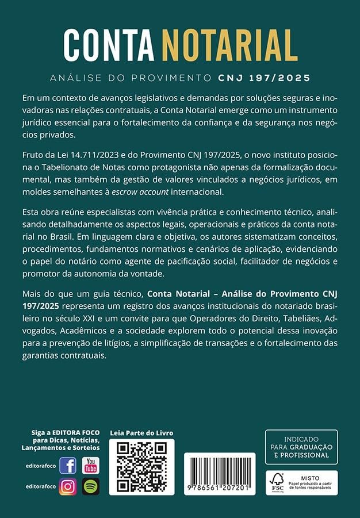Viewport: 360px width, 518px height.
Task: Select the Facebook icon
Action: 67,465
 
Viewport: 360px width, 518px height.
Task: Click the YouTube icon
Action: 90,465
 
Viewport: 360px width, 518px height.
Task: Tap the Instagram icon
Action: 67,486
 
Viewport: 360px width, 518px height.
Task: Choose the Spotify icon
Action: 90,486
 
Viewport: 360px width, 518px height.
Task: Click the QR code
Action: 141,467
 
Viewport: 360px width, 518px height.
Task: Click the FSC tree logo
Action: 277,482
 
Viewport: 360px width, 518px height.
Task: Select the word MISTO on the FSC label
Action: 310,477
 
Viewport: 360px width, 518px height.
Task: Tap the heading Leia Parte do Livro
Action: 141,433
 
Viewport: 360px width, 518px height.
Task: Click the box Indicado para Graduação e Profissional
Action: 301,446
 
